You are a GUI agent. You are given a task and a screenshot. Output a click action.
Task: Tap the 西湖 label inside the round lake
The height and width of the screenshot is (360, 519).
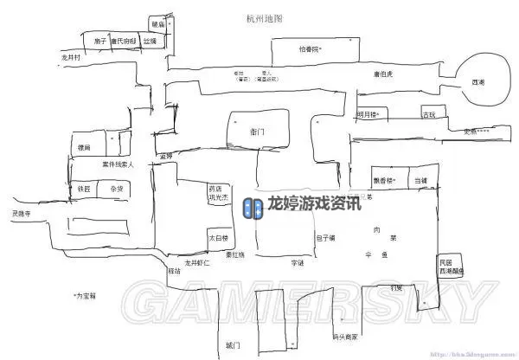(x=477, y=82)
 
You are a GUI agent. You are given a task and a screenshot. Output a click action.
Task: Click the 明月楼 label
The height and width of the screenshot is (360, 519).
(x=367, y=114)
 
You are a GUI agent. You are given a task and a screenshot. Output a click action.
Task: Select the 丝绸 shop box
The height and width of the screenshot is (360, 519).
(x=151, y=41)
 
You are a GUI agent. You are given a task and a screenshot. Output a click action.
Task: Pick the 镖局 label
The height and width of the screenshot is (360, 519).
(x=84, y=148)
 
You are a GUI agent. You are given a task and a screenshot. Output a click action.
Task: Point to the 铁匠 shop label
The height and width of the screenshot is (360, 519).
(x=84, y=188)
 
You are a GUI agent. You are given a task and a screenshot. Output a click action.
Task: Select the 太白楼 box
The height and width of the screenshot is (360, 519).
(x=218, y=237)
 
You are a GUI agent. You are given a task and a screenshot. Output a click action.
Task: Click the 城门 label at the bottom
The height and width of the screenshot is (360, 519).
(x=232, y=345)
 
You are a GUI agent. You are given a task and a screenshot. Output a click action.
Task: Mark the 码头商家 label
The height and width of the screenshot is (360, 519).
(x=344, y=337)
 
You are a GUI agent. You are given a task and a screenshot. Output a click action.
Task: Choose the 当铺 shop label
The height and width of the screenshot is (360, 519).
(x=420, y=180)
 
